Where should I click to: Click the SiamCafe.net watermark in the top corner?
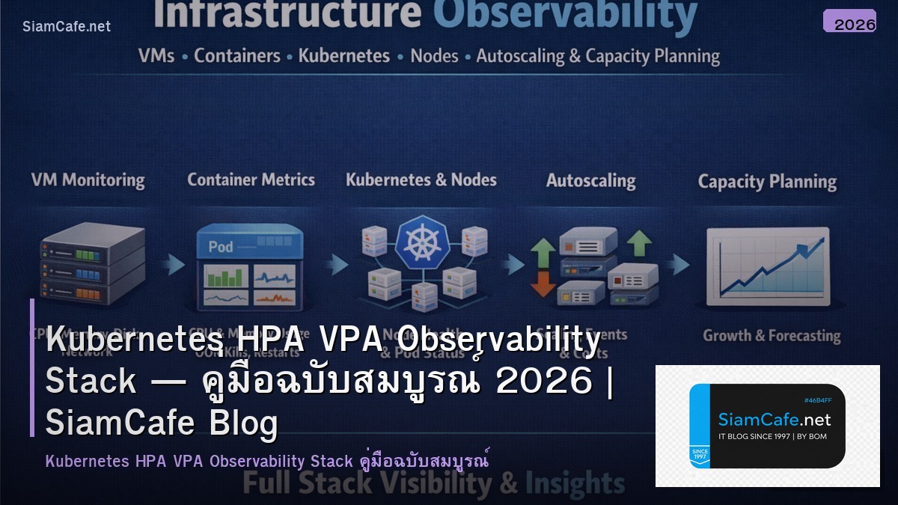[x=67, y=26]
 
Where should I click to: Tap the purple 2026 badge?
[x=849, y=22]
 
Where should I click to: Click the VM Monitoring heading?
[x=88, y=180]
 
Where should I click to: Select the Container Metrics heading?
[x=251, y=180]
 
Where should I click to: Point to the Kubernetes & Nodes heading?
[x=421, y=180]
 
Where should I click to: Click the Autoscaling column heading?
[x=590, y=181]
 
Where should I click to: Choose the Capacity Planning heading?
[x=767, y=182]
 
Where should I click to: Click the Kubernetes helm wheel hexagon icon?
[x=422, y=244]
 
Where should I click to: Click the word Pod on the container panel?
[x=221, y=247]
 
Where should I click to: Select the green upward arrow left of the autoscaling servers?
[x=543, y=251]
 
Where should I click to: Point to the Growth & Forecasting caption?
[x=771, y=336]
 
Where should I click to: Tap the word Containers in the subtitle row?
[x=236, y=56]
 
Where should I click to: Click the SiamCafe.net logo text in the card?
[x=775, y=420]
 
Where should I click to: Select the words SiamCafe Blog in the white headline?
[x=162, y=423]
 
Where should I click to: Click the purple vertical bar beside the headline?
[x=32, y=367]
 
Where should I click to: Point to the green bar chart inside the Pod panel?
[x=222, y=278]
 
